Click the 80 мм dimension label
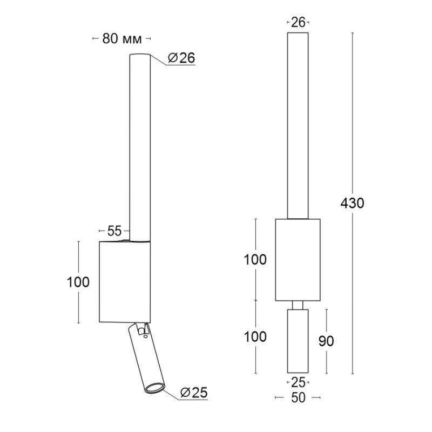122,39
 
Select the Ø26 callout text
181,58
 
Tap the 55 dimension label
114,231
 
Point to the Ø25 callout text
194,393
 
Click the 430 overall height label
352,204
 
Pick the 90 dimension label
326,341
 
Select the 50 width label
298,397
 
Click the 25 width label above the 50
298,382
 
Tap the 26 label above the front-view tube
298,22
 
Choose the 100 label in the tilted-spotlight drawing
78,282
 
